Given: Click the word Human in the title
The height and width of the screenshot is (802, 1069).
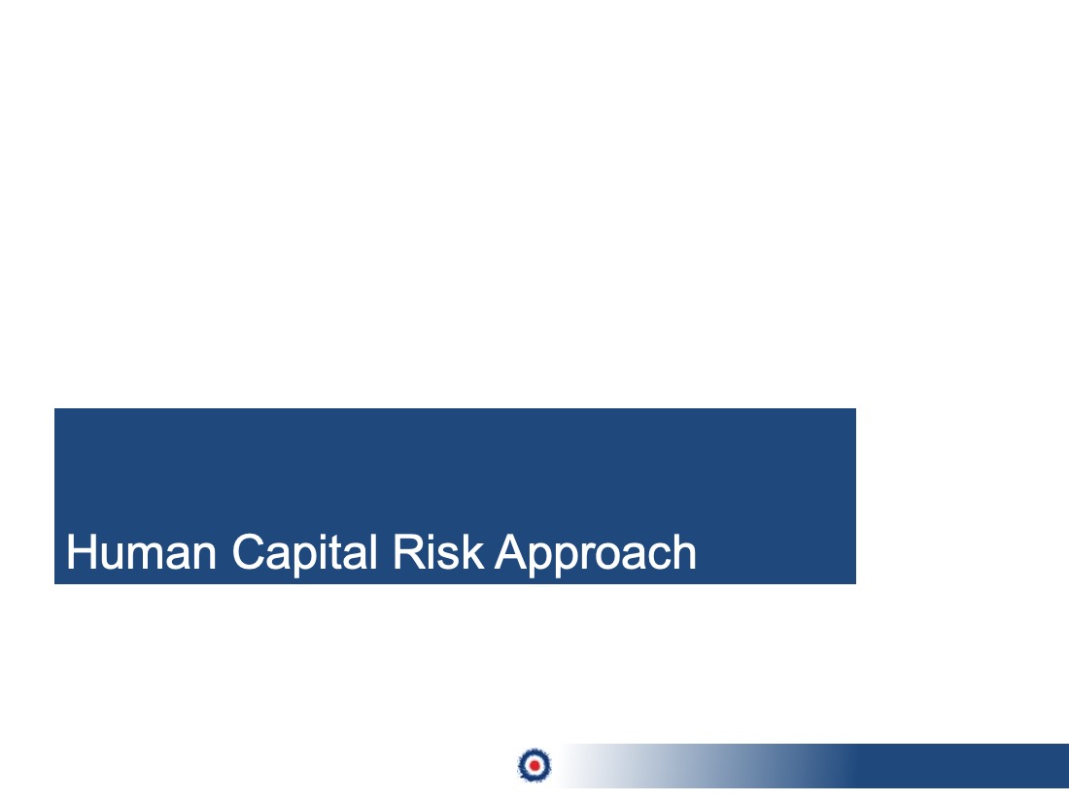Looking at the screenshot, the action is point(142,552).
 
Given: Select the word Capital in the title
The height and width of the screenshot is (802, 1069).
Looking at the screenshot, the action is point(305,554).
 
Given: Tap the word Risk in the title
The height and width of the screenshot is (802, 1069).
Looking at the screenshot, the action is point(438,552).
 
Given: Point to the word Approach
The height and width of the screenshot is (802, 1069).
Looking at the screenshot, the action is point(596,554).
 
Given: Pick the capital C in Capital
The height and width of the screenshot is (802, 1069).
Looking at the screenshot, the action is point(248,552).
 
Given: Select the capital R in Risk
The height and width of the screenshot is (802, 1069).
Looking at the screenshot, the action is point(408,552).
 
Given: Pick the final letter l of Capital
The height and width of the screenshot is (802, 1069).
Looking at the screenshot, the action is point(373,552).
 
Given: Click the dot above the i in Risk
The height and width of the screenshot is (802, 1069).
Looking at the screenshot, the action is point(431,538).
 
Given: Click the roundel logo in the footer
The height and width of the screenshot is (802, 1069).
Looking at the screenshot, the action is point(534,765).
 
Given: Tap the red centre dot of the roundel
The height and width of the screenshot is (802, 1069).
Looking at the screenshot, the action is point(534,766).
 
